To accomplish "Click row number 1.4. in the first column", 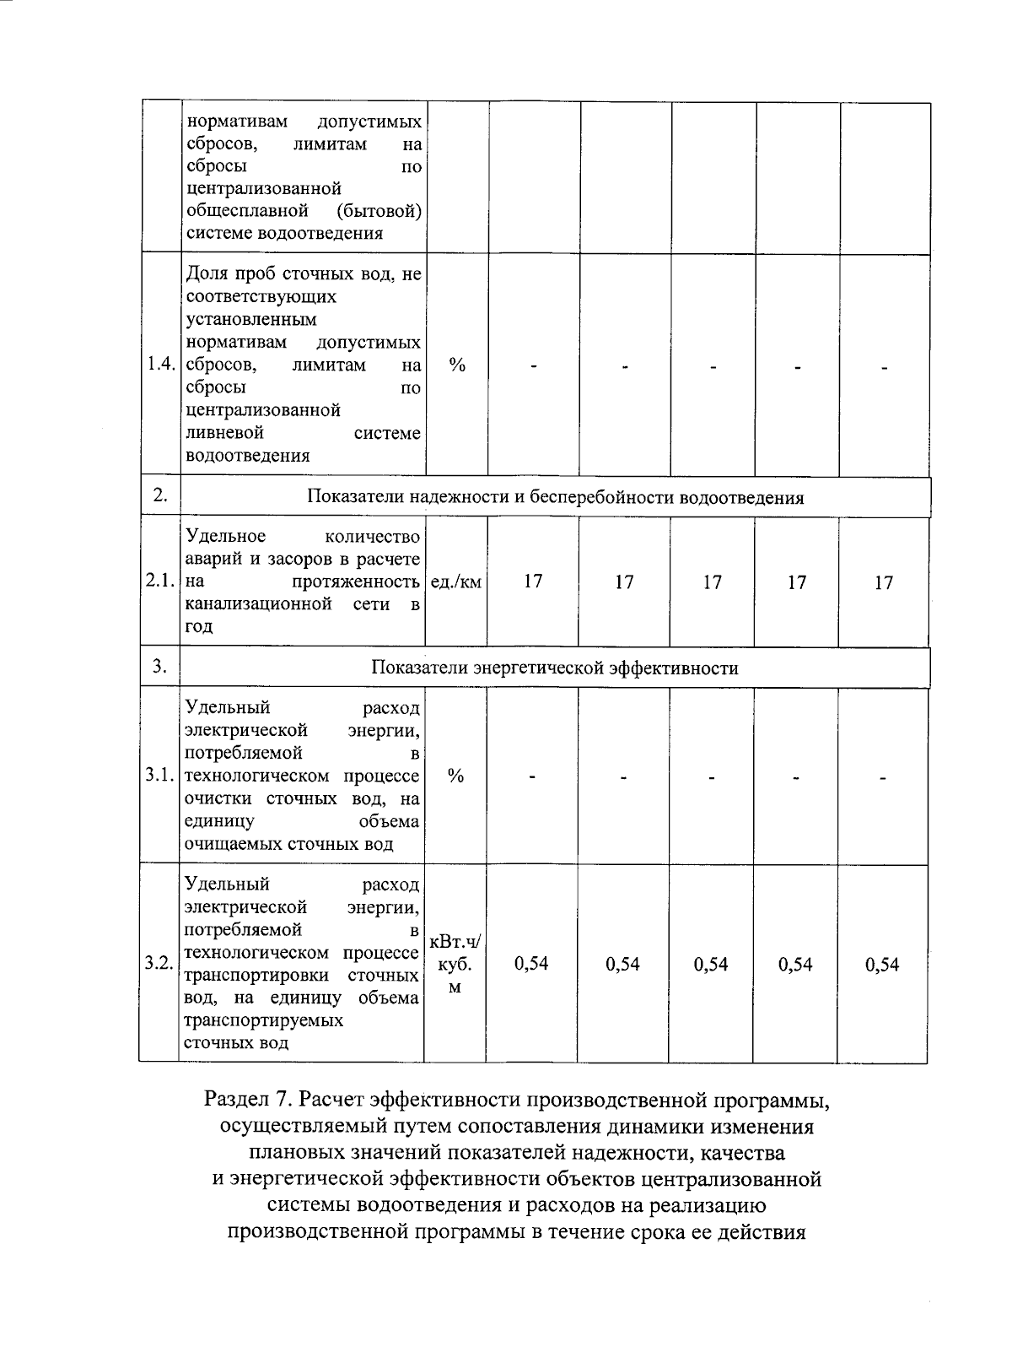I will click(x=160, y=365).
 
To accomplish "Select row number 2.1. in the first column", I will click(x=159, y=581).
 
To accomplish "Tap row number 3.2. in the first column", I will click(x=158, y=963).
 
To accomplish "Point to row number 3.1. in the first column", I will click(x=159, y=776).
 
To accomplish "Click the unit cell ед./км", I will click(x=456, y=581).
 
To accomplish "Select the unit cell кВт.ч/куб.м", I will click(x=455, y=964).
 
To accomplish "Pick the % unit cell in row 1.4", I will click(x=457, y=365).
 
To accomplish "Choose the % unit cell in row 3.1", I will click(x=455, y=776).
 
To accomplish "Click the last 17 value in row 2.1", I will click(x=883, y=582).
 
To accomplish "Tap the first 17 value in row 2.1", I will click(x=532, y=581).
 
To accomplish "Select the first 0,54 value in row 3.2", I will click(x=531, y=964).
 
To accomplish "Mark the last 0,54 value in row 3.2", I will click(x=882, y=965).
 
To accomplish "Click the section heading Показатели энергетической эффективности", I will click(x=555, y=668).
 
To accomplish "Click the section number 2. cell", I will click(x=160, y=495).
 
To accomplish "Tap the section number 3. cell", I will click(x=159, y=667).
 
